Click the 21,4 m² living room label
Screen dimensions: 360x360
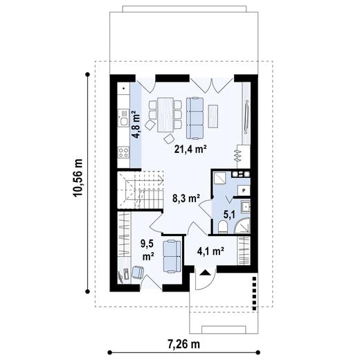tap(190, 150)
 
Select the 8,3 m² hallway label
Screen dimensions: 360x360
tap(186, 198)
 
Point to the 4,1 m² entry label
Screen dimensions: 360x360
tap(211, 251)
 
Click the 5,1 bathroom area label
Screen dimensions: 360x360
tap(229, 215)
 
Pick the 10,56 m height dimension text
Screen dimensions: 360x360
tap(78, 178)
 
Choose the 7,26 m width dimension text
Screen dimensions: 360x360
tap(183, 344)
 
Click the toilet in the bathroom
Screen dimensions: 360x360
tap(223, 227)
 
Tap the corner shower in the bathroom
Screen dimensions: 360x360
tap(242, 225)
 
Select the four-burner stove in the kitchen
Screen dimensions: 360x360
tap(123, 152)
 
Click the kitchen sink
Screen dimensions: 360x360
tap(123, 118)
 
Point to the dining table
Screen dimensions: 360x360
tap(165, 115)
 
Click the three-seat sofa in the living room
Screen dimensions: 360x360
tap(195, 118)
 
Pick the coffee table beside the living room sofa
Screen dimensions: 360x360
tap(213, 116)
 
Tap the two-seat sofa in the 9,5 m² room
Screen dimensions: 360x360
tap(172, 256)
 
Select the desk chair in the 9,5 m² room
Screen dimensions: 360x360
tap(138, 272)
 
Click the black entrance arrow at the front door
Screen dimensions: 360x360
tap(204, 273)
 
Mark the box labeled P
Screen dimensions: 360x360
tap(244, 190)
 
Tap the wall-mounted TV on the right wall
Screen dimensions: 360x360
tap(246, 117)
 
